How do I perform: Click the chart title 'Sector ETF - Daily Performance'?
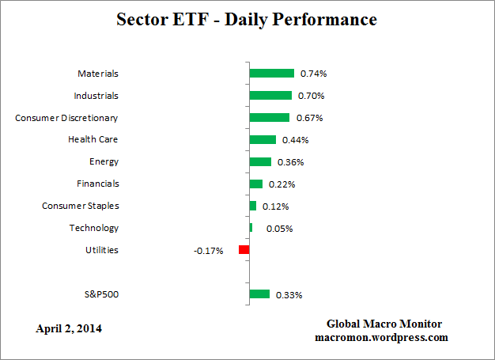(x=247, y=18)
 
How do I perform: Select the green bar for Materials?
(x=271, y=73)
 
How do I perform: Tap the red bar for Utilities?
(x=244, y=250)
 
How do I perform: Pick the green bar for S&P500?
(x=259, y=294)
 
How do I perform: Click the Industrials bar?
(x=270, y=95)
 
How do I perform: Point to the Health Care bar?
(x=263, y=139)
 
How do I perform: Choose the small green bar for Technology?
(x=251, y=228)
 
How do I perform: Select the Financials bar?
(x=255, y=184)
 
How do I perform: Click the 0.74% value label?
(x=313, y=74)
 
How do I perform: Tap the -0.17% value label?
(x=208, y=251)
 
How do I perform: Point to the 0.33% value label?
(x=289, y=295)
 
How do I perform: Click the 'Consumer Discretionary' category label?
(x=66, y=118)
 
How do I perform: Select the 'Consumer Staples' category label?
(x=80, y=207)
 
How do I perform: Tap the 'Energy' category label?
(x=104, y=162)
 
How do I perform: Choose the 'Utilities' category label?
(x=101, y=251)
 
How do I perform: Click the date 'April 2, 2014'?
(x=69, y=328)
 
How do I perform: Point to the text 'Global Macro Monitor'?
(x=384, y=324)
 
